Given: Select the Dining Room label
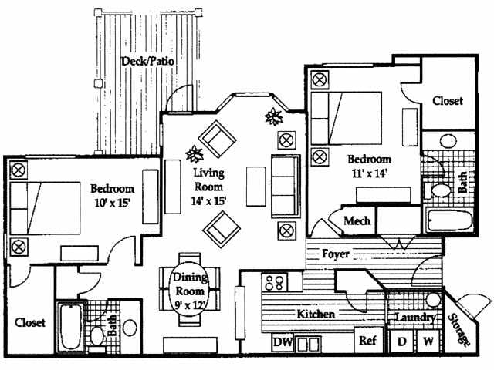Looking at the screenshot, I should (x=188, y=286).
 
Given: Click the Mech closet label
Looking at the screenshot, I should (x=357, y=221).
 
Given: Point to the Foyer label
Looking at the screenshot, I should (x=336, y=254).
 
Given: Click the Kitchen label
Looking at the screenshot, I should (x=316, y=314).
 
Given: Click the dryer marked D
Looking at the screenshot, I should (x=401, y=340).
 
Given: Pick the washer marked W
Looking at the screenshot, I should (x=427, y=340).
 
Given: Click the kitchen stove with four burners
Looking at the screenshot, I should (x=275, y=283).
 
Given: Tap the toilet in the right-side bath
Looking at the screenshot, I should (x=441, y=190).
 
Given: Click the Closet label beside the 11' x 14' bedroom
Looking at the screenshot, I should (x=447, y=101).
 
